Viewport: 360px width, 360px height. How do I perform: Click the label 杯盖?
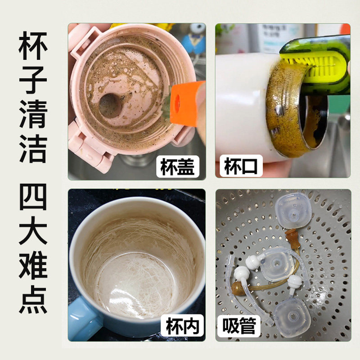coord(178,167)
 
